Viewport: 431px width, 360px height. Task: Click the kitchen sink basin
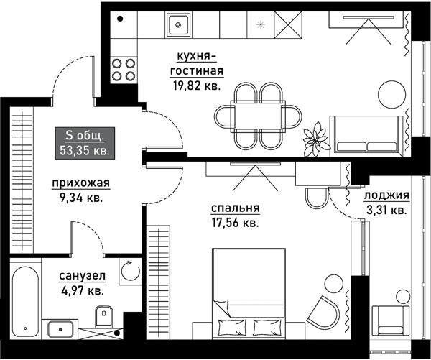click(x=178, y=25)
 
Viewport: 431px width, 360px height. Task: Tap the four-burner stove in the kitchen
click(x=124, y=70)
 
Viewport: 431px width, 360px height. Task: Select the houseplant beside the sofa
click(x=316, y=139)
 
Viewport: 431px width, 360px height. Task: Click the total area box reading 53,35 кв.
click(x=85, y=143)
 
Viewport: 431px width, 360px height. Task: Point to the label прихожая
click(x=81, y=183)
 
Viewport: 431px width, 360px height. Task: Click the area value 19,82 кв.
click(x=197, y=86)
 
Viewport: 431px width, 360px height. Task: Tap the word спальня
click(x=236, y=208)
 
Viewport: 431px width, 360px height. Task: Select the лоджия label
click(x=386, y=195)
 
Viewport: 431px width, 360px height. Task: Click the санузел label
click(x=82, y=276)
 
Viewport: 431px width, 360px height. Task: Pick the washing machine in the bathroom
click(x=130, y=271)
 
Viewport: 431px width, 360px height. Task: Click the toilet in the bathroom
click(x=104, y=316)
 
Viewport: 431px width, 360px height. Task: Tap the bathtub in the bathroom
click(x=26, y=301)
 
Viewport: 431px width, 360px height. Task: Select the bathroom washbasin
click(x=60, y=329)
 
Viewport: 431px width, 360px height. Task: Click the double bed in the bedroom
click(x=249, y=293)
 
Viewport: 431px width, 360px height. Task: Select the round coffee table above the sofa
click(x=391, y=94)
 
